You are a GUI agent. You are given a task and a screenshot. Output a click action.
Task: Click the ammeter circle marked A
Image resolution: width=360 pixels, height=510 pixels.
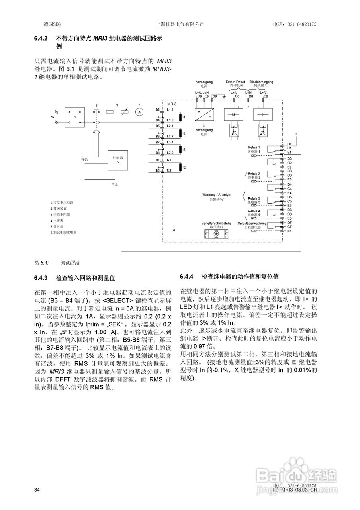coord(139,112)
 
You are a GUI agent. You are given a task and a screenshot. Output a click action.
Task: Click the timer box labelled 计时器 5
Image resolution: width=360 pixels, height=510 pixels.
coord(118,160)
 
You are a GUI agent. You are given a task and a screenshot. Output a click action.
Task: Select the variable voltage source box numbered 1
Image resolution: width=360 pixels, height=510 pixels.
coord(75,117)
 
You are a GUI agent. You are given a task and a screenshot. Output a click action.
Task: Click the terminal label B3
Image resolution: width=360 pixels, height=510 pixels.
coord(158,109)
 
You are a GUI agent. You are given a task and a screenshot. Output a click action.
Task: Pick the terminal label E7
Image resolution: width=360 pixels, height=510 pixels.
coord(290,231)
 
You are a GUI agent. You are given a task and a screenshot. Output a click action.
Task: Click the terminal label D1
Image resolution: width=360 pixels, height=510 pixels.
coord(290,144)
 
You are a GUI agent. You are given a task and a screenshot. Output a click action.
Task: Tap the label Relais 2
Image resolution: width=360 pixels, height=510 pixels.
coord(254,174)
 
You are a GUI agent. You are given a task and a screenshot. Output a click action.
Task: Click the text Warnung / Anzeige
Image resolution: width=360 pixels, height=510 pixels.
coord(216,194)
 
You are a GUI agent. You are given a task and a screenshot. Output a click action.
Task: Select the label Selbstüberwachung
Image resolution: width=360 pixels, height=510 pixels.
coord(252,223)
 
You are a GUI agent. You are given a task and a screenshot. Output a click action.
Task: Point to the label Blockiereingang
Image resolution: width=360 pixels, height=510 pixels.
coord(261,82)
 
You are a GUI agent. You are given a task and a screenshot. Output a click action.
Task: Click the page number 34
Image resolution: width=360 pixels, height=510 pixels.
coord(37,490)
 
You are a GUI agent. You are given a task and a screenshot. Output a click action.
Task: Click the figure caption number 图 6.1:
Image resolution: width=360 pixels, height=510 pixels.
coord(41,263)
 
